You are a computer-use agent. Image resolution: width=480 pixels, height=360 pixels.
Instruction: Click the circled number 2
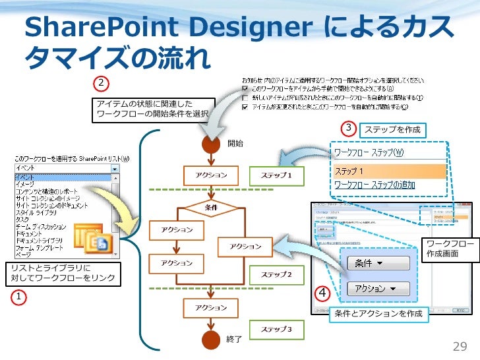(x=100, y=83)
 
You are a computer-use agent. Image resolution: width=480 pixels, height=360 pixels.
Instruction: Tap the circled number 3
(x=348, y=127)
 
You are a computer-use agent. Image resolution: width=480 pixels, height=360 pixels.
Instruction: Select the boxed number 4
(x=323, y=292)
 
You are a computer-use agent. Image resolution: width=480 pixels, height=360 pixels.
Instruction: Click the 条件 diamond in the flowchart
(x=211, y=208)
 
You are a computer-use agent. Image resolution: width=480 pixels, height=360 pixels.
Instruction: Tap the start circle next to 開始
(x=211, y=143)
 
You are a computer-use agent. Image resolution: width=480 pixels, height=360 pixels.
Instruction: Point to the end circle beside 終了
(x=211, y=339)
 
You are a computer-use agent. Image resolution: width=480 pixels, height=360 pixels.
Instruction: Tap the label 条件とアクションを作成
(x=378, y=313)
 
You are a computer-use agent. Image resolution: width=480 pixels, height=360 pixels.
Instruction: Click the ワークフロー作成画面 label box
(x=450, y=249)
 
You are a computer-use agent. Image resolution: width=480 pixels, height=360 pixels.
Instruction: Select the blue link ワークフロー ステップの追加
(x=375, y=185)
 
